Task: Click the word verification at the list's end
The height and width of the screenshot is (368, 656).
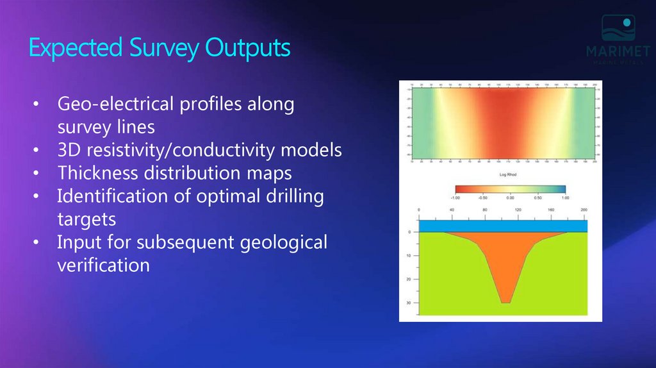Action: (103, 265)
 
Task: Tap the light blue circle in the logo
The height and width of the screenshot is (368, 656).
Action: (627, 22)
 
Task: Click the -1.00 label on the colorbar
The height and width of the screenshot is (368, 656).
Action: (456, 198)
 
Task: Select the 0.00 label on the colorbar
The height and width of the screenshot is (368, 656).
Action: (511, 198)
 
